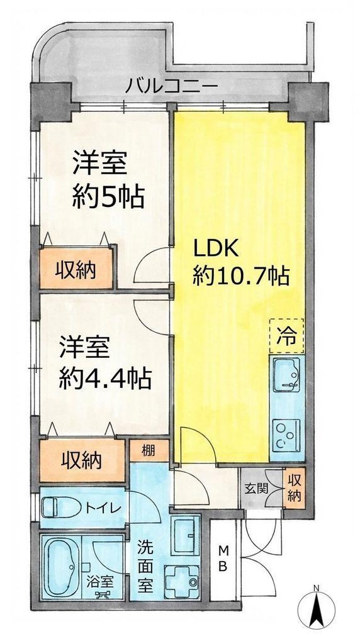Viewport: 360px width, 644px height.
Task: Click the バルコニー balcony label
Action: pos(171,87)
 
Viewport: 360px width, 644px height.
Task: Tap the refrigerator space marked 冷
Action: pos(287,336)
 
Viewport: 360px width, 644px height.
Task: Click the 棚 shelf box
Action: pos(149,450)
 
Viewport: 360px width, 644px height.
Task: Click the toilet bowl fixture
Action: pos(62,508)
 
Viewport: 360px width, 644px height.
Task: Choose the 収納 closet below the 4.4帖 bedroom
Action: pos(82,461)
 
